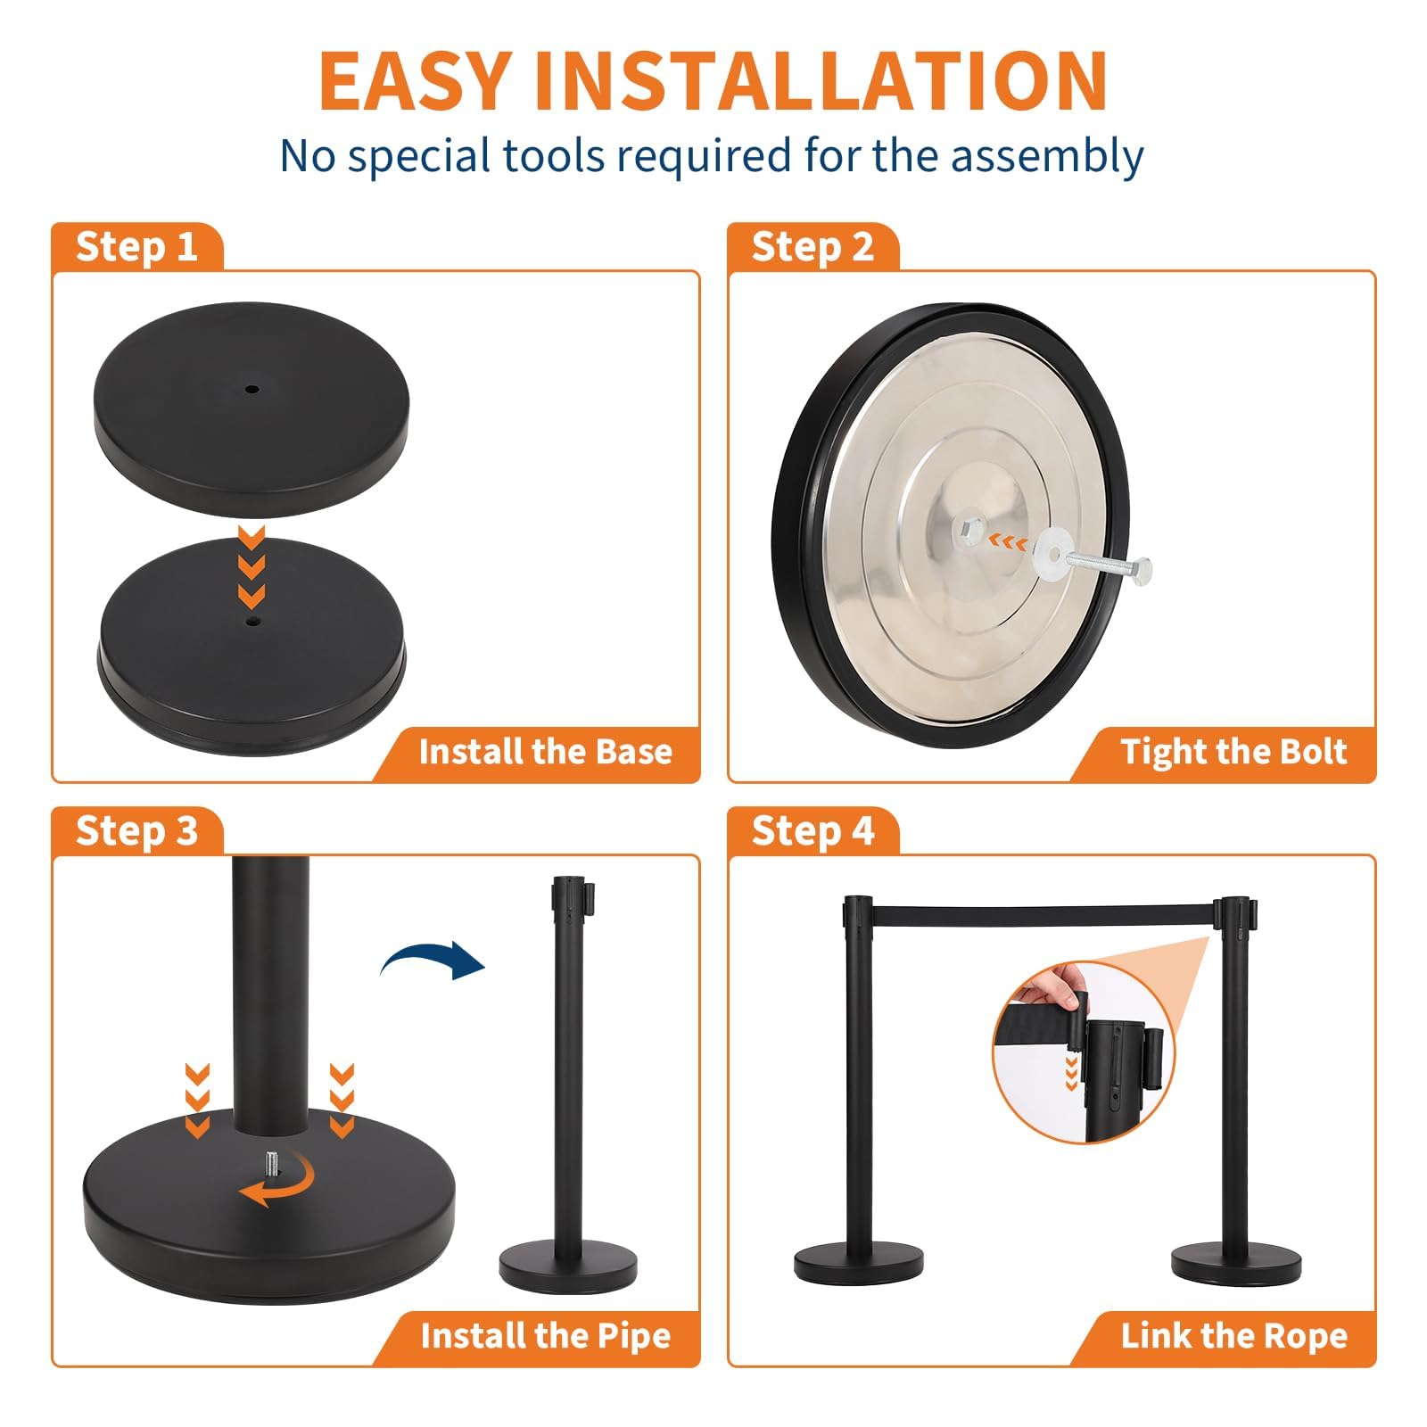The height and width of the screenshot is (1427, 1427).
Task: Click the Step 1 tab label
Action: point(136,246)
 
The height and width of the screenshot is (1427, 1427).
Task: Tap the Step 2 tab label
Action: point(812,246)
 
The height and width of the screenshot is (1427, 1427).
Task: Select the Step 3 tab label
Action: point(136,830)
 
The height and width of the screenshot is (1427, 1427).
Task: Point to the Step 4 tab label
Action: point(812,830)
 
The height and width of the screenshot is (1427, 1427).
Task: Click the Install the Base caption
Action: point(546,751)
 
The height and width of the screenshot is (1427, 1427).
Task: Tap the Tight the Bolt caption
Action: point(1234,751)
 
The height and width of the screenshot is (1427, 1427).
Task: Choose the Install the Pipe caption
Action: point(546,1335)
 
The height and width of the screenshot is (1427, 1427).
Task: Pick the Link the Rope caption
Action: point(1234,1335)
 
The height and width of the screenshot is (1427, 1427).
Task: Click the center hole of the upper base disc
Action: point(252,389)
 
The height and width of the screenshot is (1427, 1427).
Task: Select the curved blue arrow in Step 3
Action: point(433,960)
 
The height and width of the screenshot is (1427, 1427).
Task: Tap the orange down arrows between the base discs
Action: point(252,565)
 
